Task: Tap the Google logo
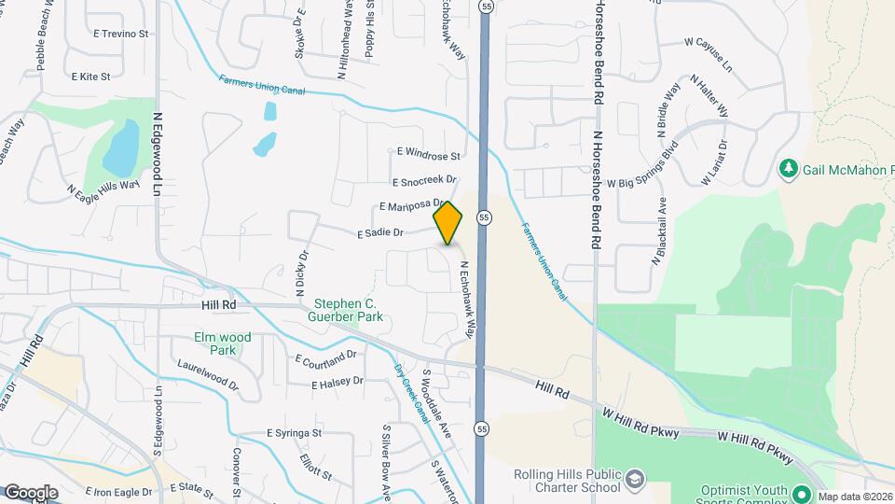click(31, 492)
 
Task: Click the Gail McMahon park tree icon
click(789, 168)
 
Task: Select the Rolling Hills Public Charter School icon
click(635, 480)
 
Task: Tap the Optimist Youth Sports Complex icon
click(801, 491)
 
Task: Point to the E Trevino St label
click(121, 34)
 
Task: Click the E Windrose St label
click(429, 153)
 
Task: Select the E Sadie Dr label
click(379, 233)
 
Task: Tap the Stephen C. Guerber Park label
click(349, 310)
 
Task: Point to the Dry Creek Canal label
click(410, 392)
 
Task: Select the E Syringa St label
click(294, 433)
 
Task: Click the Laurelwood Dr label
click(208, 374)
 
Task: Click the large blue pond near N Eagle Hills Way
click(121, 149)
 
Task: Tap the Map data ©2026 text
click(855, 497)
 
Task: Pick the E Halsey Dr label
click(337, 383)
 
